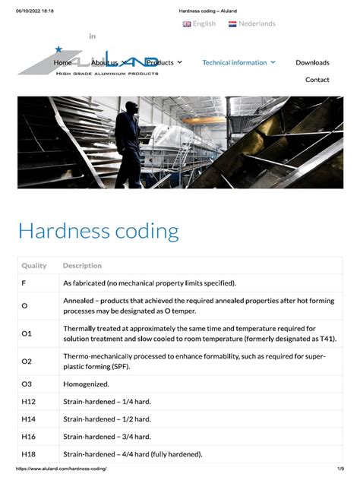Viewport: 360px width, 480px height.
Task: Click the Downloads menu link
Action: tap(312, 62)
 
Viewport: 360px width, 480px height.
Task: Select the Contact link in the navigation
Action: tap(317, 80)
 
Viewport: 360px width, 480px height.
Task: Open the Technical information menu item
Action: tap(238, 62)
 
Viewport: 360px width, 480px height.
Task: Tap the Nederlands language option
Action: tap(257, 24)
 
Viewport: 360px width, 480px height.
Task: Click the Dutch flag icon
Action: tap(232, 24)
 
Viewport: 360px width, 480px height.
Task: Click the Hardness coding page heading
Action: tap(98, 230)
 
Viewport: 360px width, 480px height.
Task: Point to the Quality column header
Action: tap(34, 266)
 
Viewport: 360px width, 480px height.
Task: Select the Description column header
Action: tap(82, 266)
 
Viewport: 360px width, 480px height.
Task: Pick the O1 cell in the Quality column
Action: tap(27, 333)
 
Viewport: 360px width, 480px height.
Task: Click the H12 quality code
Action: tap(28, 401)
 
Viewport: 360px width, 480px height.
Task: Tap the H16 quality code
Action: tap(28, 436)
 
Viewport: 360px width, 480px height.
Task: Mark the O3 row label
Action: tap(27, 384)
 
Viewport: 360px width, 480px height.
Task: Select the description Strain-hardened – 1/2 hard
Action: tap(106, 418)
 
